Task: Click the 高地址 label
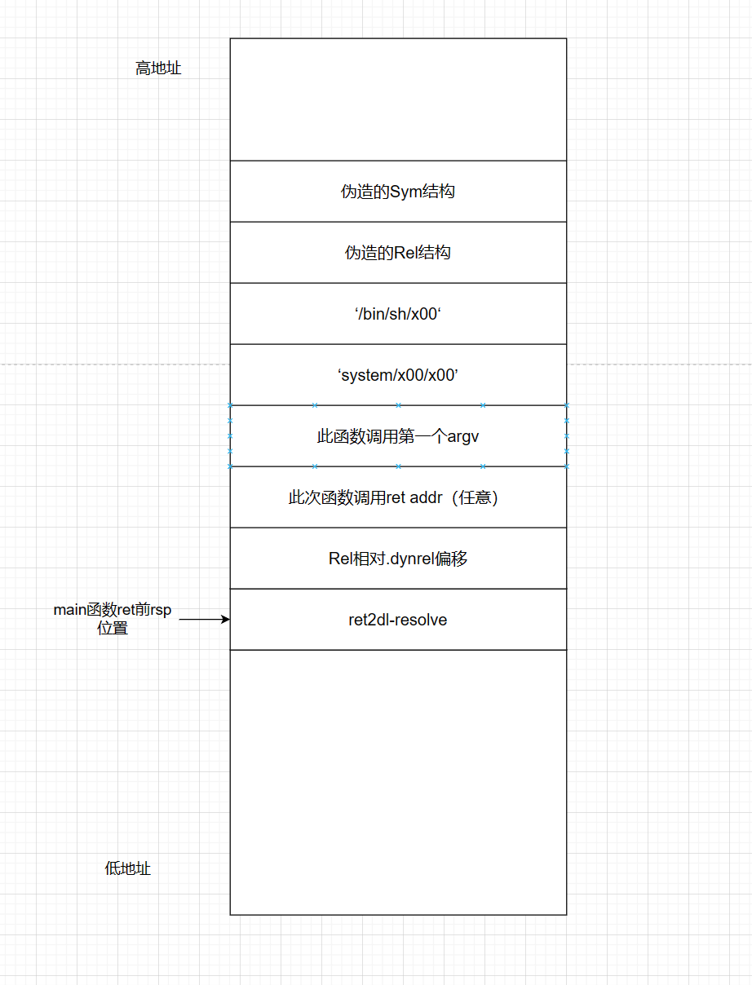[158, 68]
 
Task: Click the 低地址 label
[128, 868]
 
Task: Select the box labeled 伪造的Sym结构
[398, 192]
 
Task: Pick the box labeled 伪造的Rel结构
[398, 253]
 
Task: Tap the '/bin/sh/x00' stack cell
[398, 314]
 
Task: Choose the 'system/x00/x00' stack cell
[398, 375]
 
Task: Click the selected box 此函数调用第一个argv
[398, 436]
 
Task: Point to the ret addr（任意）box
[398, 497]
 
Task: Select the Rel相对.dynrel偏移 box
[398, 559]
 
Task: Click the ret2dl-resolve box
[398, 620]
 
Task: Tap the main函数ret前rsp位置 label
[113, 619]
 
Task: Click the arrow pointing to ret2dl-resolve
[204, 620]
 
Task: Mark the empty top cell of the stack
[398, 99]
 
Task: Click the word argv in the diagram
[463, 437]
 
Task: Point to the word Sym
[405, 192]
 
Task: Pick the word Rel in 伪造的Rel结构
[405, 253]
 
